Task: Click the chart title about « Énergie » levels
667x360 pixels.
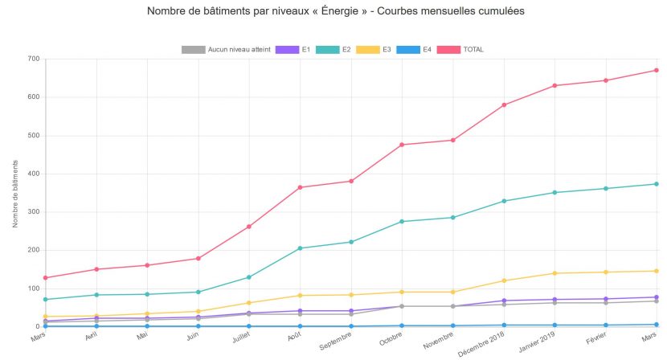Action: pos(336,12)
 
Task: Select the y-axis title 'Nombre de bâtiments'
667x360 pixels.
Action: pos(16,193)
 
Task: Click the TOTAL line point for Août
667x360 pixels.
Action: pos(300,187)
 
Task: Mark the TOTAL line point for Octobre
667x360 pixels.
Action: pos(402,145)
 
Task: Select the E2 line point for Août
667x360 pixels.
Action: pos(300,248)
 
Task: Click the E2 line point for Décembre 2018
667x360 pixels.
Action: pos(504,201)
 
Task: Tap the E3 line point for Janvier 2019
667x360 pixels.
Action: pos(554,273)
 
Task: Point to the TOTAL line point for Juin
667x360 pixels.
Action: pos(198,259)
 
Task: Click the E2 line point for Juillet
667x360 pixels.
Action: pos(249,277)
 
